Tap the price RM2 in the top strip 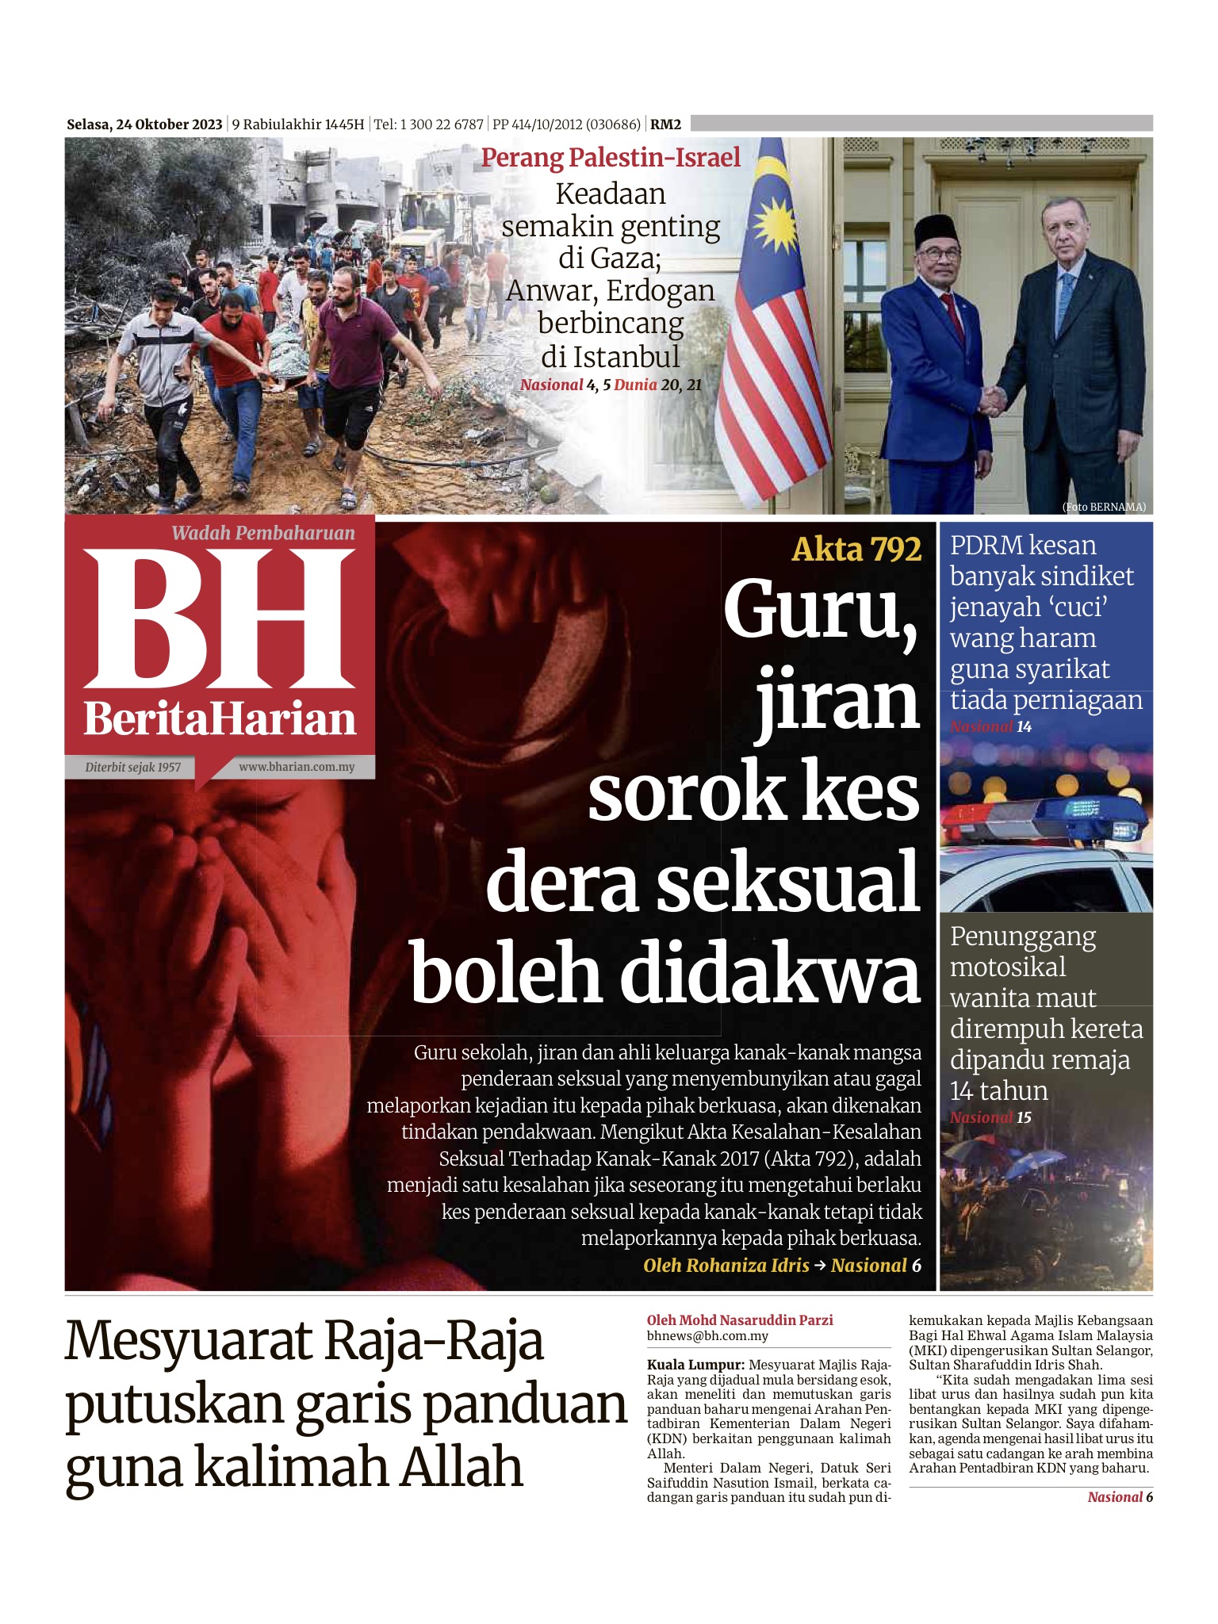(665, 124)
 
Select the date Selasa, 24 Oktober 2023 (144, 124)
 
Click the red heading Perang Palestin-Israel (611, 157)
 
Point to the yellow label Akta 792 (856, 549)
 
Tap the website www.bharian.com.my (297, 767)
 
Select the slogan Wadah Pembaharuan (263, 533)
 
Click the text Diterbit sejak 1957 (133, 767)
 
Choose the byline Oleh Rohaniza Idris (726, 1265)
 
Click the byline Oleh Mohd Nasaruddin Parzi (740, 1319)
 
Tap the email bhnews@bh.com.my (707, 1335)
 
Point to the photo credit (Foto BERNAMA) (1103, 507)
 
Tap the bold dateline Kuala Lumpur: (695, 1365)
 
